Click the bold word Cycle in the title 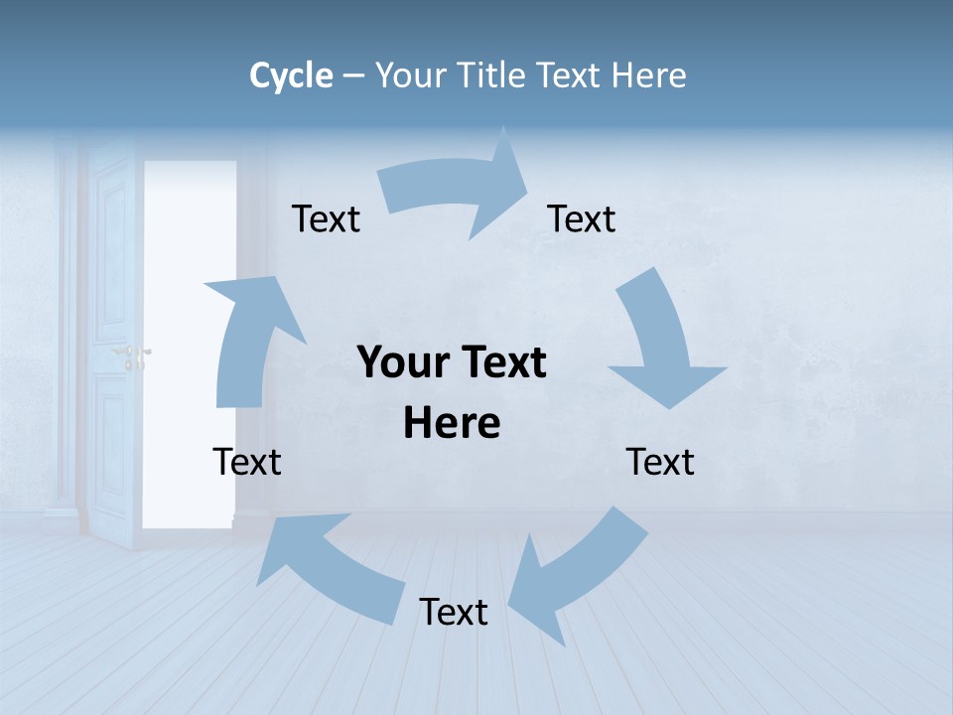(291, 75)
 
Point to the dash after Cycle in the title (354, 76)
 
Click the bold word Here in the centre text (452, 423)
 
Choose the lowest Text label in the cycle (454, 612)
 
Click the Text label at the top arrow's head (582, 218)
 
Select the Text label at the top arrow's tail (326, 218)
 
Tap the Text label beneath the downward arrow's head (660, 462)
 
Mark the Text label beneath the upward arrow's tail (247, 462)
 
